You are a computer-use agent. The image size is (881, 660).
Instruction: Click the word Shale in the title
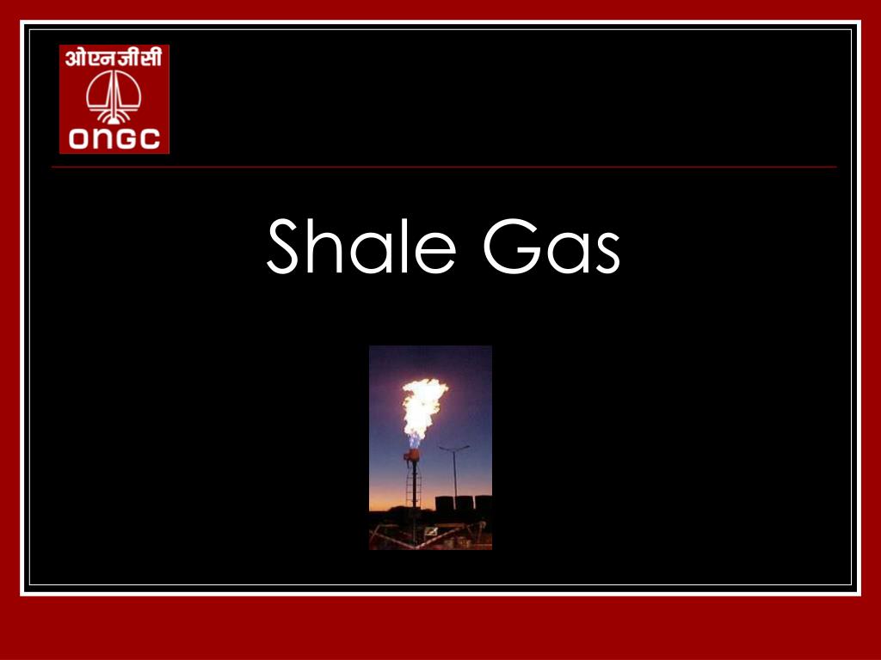coord(361,246)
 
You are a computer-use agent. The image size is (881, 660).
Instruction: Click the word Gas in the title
coord(551,246)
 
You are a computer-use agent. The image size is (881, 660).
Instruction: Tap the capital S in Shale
coord(282,246)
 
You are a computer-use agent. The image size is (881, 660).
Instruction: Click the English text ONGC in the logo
coord(114,139)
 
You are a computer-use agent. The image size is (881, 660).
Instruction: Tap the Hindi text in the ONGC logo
coord(114,58)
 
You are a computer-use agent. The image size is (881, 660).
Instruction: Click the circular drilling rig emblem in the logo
coord(114,96)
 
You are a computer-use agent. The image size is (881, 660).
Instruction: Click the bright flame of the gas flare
coord(422,406)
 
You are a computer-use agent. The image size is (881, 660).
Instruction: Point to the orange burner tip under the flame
coord(412,455)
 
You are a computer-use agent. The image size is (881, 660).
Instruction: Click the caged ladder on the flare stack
coord(414,488)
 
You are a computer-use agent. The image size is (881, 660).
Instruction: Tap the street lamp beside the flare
coord(454,476)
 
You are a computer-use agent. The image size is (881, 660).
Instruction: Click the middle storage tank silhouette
coord(464,504)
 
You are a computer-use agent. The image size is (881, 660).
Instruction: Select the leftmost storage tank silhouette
coord(445,504)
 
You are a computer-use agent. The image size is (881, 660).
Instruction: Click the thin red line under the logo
coord(444,168)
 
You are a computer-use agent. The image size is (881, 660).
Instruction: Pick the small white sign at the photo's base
coord(432,531)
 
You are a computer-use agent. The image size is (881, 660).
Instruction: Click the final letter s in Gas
coord(608,254)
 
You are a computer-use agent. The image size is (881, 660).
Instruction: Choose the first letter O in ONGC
coord(78,139)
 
